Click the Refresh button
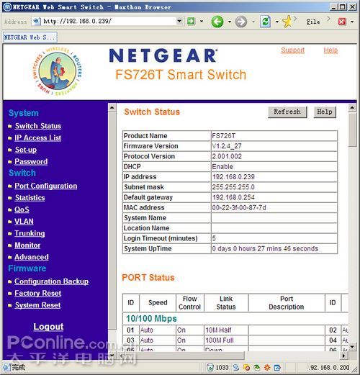[x=287, y=112]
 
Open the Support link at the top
[x=292, y=50]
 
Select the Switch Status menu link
[x=38, y=126]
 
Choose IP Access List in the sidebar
[x=38, y=137]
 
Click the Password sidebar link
[x=31, y=162]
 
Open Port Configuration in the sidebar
[x=46, y=186]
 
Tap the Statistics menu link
[x=30, y=197]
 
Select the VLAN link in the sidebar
[x=24, y=222]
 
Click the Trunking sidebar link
[x=30, y=233]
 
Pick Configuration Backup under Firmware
[x=51, y=281]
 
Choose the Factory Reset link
[x=37, y=294]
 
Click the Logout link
[x=48, y=326]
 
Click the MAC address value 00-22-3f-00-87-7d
[x=238, y=207]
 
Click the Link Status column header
[x=225, y=302]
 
